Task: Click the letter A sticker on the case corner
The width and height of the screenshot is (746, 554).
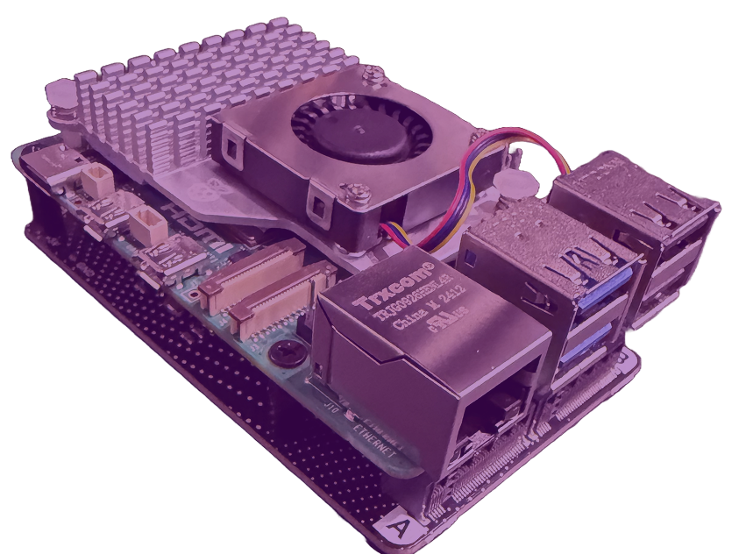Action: (x=400, y=529)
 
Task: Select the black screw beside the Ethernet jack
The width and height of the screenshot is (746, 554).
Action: (x=282, y=353)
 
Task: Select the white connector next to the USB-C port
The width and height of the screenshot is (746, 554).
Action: (x=95, y=180)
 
